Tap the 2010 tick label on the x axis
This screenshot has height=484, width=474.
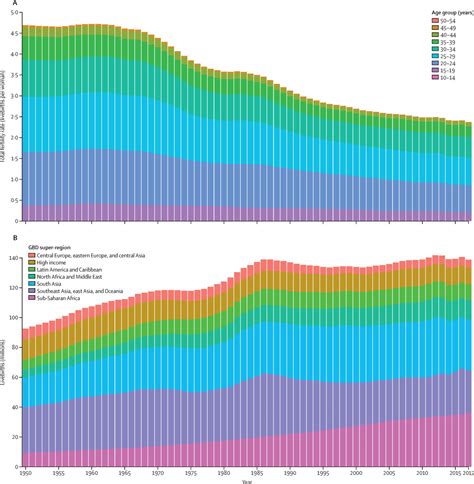[424, 473]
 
